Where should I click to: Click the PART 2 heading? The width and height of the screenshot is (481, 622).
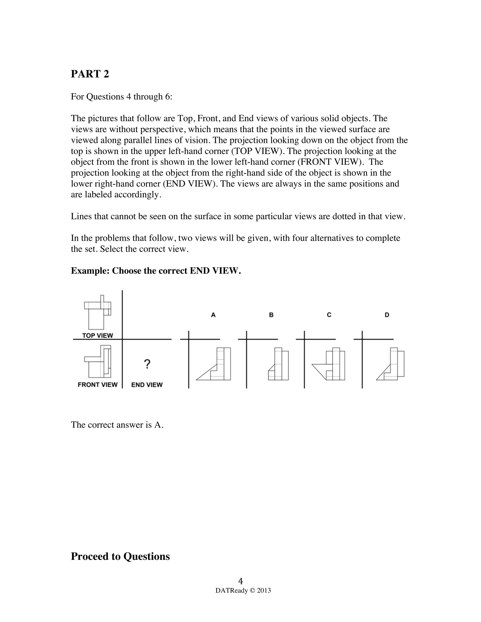[x=90, y=74]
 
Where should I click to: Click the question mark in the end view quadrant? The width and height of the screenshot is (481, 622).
[x=147, y=364]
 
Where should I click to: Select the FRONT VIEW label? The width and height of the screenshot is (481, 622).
[x=97, y=385]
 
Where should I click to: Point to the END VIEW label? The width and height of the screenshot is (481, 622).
[x=147, y=385]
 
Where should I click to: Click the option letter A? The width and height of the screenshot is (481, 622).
[x=213, y=315]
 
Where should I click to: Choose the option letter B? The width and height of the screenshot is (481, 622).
[x=271, y=315]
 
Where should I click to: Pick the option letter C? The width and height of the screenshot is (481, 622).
[x=329, y=315]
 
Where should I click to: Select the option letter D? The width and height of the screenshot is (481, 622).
[x=387, y=315]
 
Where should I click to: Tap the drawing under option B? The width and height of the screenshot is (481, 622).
[x=278, y=365]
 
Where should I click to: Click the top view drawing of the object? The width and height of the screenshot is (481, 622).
[x=97, y=313]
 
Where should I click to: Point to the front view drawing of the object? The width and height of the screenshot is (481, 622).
[x=97, y=362]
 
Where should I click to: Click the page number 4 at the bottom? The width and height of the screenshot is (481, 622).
[x=240, y=581]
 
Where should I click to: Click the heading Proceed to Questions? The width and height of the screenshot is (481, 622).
[x=120, y=556]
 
